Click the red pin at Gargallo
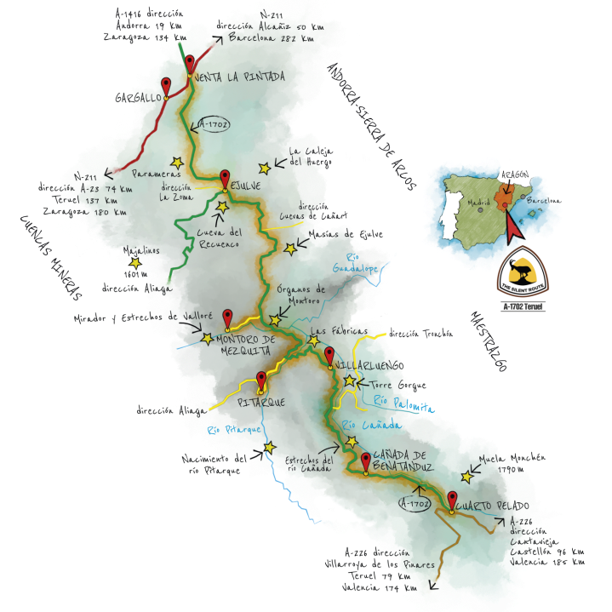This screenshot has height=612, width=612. point(167,86)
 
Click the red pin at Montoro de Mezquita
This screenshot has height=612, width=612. point(227,319)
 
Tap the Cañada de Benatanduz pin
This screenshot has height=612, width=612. point(366,462)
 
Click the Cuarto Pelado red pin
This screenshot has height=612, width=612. point(453,501)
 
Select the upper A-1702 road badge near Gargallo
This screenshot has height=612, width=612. point(212,124)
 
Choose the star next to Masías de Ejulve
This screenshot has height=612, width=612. point(291,249)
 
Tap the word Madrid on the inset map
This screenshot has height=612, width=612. point(477,203)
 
